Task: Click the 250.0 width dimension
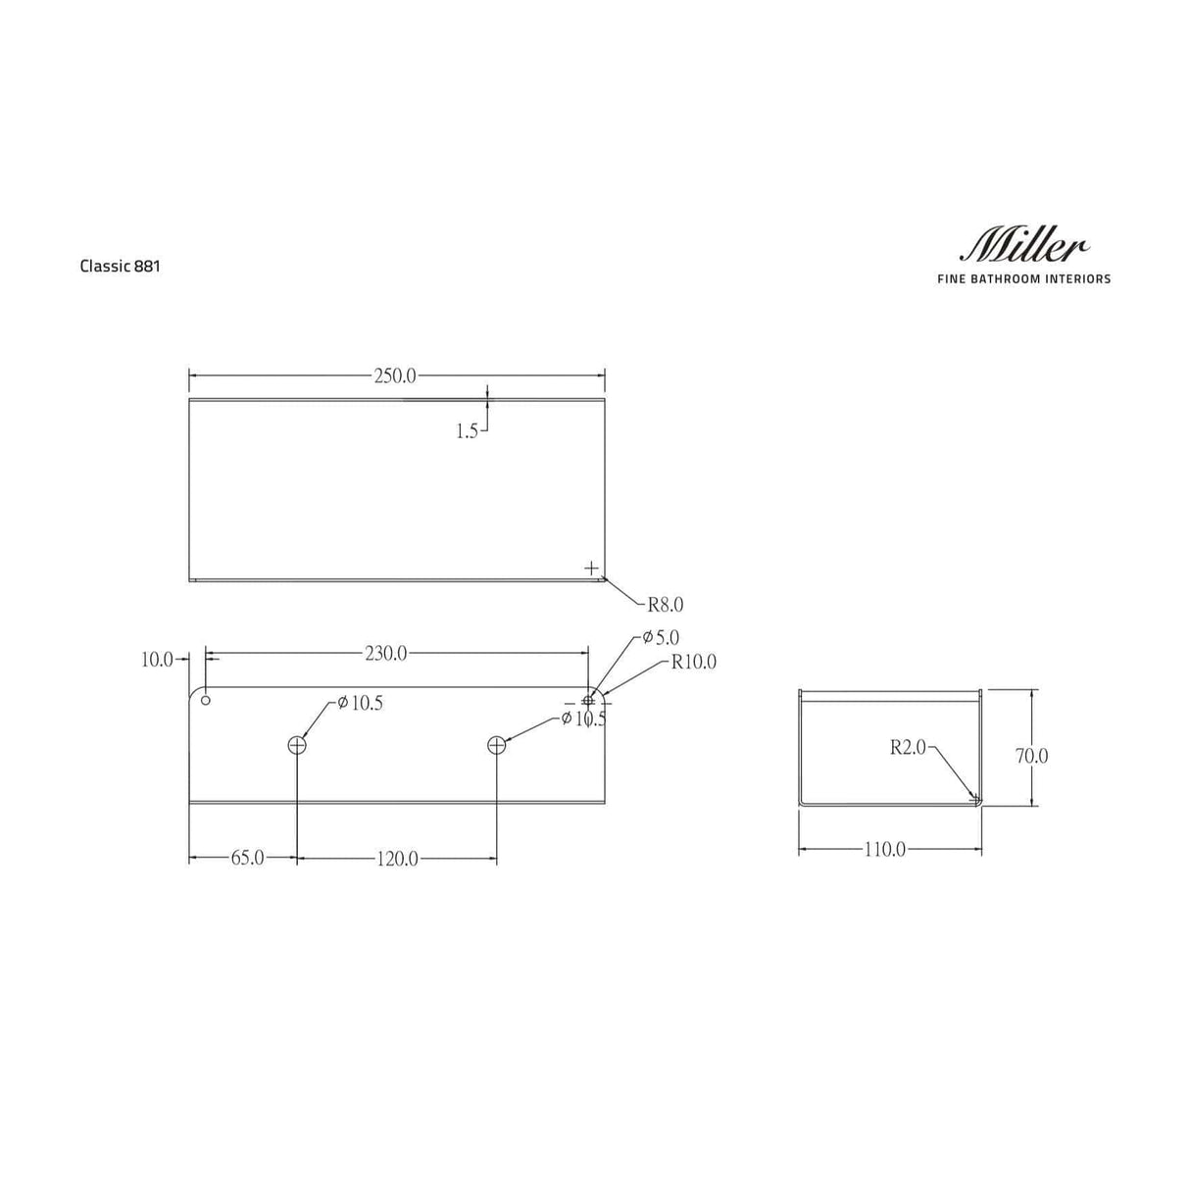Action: [395, 375]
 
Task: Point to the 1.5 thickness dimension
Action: [467, 430]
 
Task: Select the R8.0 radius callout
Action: [665, 605]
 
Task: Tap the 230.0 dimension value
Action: [386, 654]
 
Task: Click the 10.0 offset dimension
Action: [157, 660]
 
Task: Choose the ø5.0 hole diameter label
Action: [661, 638]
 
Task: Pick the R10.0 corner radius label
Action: [693, 663]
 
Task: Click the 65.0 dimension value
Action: [247, 858]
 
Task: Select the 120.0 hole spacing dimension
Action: [397, 859]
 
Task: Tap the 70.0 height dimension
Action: [1031, 756]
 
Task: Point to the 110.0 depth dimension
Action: [884, 850]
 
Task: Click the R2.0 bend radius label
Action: [908, 747]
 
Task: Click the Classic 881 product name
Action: [120, 266]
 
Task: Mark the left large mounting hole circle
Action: [297, 745]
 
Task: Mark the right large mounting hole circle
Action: [496, 745]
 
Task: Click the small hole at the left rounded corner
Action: [206, 699]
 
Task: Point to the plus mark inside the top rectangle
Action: [591, 568]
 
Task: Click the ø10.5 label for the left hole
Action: [360, 703]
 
